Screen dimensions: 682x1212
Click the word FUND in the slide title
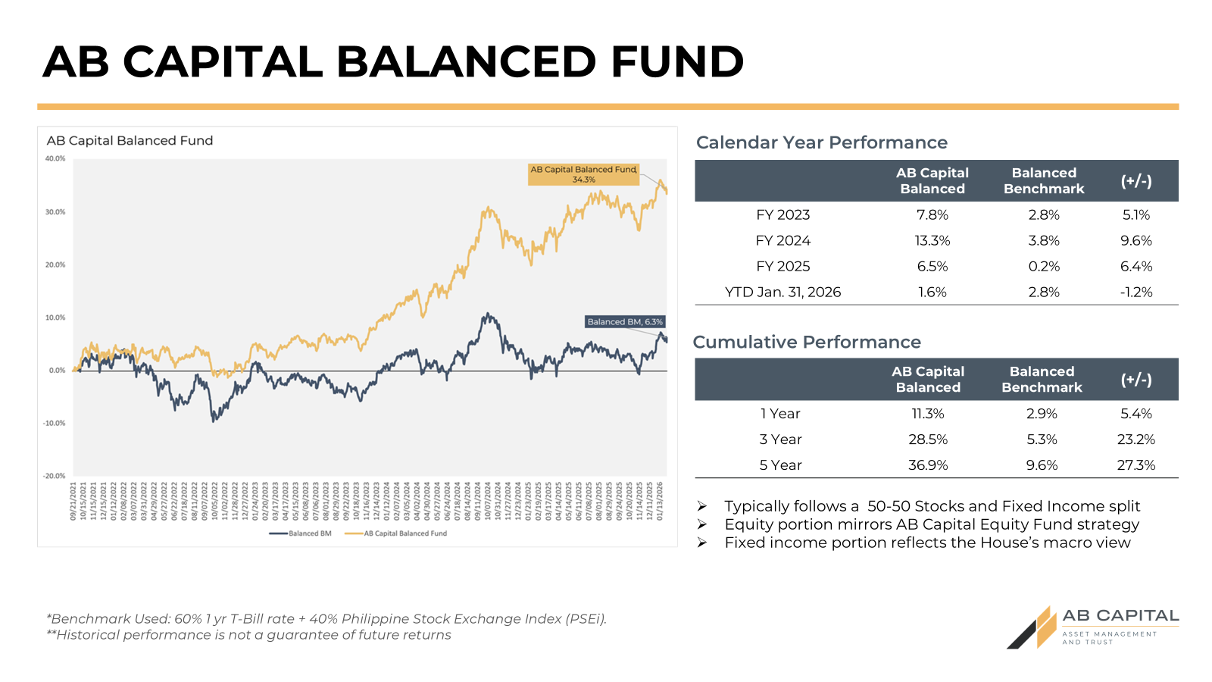(x=677, y=61)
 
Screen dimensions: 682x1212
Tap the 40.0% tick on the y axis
(x=55, y=159)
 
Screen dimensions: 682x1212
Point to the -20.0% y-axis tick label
(x=55, y=476)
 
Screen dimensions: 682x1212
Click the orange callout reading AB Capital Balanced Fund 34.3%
(x=583, y=174)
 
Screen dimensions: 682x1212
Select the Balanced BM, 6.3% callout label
(x=625, y=322)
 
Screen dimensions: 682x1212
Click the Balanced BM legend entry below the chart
(x=301, y=533)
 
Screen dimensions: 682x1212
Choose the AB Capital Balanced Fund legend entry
(x=396, y=533)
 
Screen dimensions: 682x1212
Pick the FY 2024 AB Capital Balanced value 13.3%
(x=932, y=241)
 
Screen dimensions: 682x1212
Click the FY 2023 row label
(x=782, y=215)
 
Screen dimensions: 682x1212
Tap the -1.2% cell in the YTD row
(x=1136, y=293)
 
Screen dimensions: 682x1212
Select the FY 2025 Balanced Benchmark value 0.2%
(x=1044, y=267)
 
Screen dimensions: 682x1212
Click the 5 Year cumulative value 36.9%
(x=928, y=465)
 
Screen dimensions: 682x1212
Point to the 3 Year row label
(x=780, y=440)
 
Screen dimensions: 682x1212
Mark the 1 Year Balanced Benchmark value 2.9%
(x=1042, y=414)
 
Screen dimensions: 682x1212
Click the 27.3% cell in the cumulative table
(x=1136, y=465)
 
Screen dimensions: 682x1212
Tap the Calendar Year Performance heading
(x=822, y=142)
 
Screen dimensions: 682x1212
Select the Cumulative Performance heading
(x=807, y=343)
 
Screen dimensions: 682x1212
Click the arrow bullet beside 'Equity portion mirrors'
(x=702, y=524)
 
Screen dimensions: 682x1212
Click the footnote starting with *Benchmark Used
(x=326, y=619)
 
